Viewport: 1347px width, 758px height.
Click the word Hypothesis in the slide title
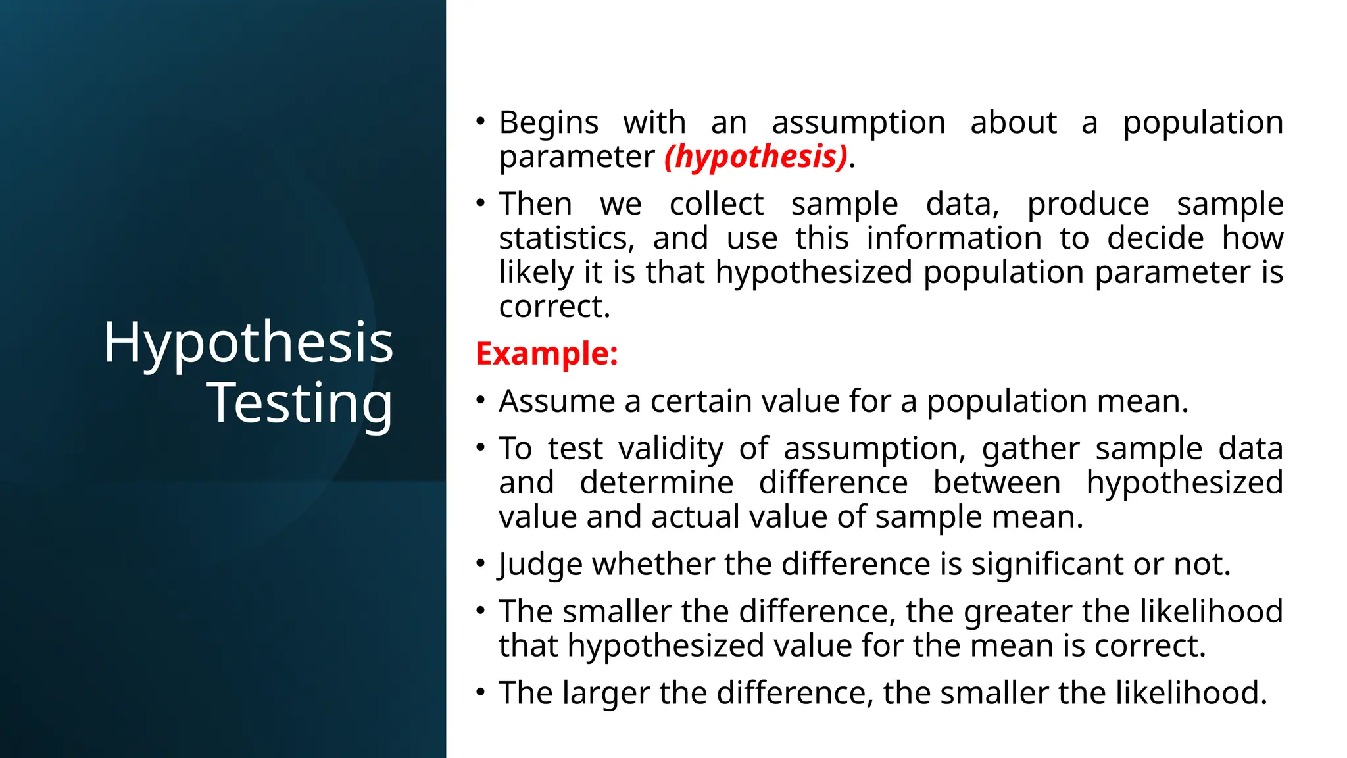248,343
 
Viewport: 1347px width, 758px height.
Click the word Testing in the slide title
300,403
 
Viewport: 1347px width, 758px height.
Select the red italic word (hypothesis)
756,157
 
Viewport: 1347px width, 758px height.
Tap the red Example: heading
547,354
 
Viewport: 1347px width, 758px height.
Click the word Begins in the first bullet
549,123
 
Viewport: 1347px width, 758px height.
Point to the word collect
716,204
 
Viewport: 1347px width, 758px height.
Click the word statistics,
566,238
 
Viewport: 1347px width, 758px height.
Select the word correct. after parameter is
554,307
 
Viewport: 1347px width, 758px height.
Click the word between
996,483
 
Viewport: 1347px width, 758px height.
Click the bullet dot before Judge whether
481,564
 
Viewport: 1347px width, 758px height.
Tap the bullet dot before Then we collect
481,203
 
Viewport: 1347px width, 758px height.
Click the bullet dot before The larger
481,693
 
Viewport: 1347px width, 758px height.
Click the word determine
656,483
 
